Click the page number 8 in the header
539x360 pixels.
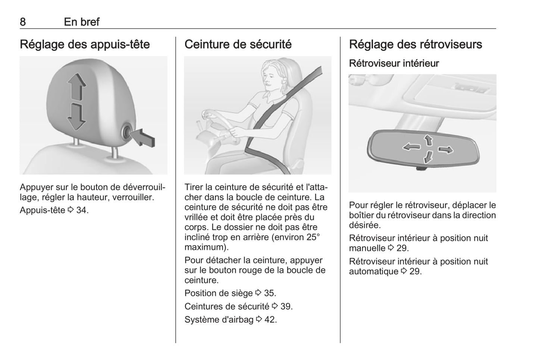23,22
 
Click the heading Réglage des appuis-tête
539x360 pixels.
85,44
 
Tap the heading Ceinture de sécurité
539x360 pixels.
238,44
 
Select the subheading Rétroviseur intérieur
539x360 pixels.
394,63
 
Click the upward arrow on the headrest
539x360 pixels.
76,87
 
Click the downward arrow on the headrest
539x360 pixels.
76,117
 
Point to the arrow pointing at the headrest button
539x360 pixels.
144,138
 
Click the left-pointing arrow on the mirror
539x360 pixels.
411,147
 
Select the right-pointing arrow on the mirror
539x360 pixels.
446,150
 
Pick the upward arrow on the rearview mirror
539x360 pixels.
428,140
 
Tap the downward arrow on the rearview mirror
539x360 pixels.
428,157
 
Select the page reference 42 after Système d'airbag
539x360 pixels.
270,320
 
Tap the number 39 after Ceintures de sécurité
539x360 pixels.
286,306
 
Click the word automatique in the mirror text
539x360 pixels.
374,272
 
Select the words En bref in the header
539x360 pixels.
82,22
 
